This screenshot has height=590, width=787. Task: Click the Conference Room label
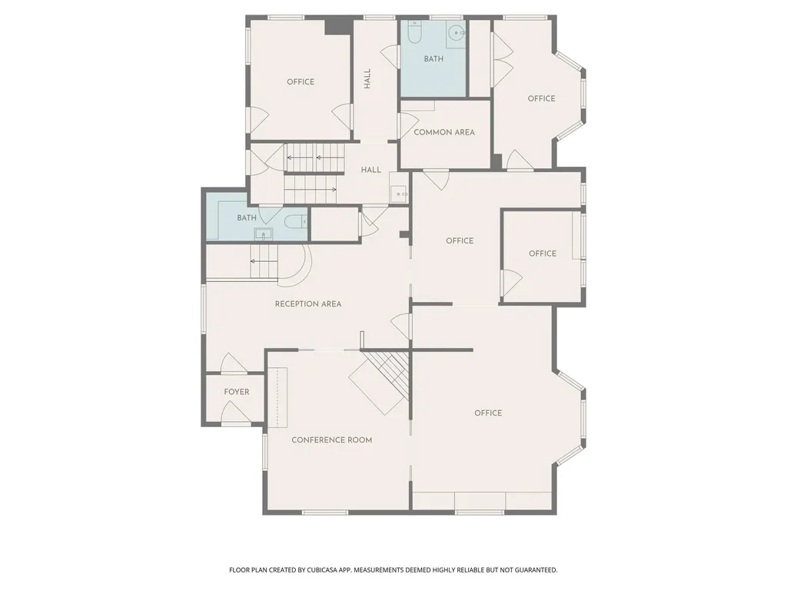click(x=332, y=440)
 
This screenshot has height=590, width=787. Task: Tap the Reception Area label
click(x=308, y=304)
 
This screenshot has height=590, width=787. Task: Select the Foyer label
click(x=237, y=392)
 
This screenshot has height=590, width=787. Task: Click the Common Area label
click(x=444, y=132)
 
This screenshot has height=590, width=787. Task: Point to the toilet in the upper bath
click(x=414, y=31)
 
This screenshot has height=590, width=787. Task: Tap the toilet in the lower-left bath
click(x=296, y=220)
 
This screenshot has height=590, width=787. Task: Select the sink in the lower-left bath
click(x=263, y=234)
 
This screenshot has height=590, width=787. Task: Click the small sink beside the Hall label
click(x=399, y=194)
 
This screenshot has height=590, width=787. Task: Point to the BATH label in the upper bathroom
click(x=433, y=59)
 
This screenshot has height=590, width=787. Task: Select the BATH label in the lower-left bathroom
click(x=247, y=217)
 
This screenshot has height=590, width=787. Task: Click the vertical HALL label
click(x=367, y=79)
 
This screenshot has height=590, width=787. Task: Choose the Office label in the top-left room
click(x=301, y=81)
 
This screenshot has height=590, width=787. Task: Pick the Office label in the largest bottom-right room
click(x=488, y=413)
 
